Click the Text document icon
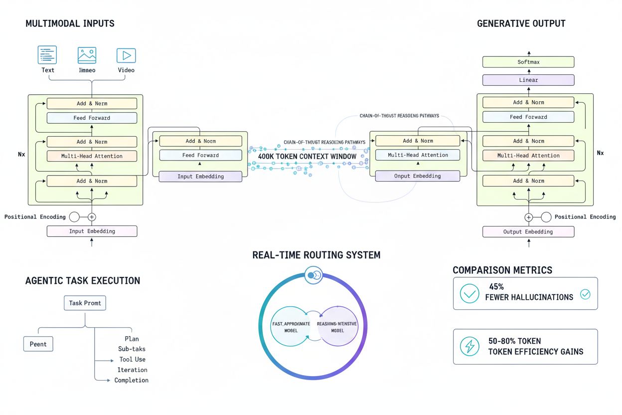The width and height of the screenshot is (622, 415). tap(47, 55)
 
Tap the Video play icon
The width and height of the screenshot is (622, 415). tap(126, 55)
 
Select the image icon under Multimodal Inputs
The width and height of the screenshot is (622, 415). tap(87, 55)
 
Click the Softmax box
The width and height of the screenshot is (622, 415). tap(528, 62)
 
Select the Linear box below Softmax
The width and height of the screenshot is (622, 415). tap(528, 80)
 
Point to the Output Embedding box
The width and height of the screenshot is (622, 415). tap(528, 231)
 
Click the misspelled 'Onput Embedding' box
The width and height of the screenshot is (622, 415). tap(418, 176)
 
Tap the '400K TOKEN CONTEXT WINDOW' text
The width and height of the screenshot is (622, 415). tap(307, 157)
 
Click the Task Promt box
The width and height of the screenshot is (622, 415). tap(85, 303)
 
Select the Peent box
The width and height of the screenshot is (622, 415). tap(38, 344)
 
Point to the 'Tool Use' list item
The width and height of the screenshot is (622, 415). tap(132, 360)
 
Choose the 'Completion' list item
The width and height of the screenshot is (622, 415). tap(131, 380)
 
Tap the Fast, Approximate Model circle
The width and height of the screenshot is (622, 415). tap(291, 327)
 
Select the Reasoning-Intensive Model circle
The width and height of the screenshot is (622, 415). tap(337, 327)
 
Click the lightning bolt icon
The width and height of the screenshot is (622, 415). tap(469, 347)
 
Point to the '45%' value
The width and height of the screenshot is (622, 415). tap(497, 287)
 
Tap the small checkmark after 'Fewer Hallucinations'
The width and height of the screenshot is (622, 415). tap(585, 294)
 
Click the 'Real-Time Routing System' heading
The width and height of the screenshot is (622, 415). tap(316, 255)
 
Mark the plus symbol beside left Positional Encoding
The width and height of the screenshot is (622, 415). tap(92, 217)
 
